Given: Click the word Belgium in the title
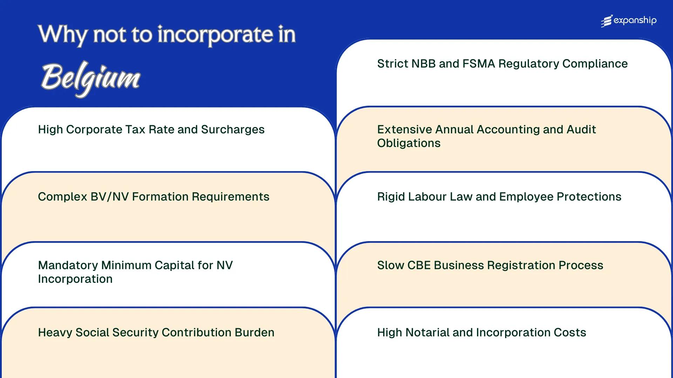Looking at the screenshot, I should point(90,78).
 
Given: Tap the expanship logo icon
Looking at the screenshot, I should point(607,21).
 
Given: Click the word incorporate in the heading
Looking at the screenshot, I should point(215,35).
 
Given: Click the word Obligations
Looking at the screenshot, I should point(409,143).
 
